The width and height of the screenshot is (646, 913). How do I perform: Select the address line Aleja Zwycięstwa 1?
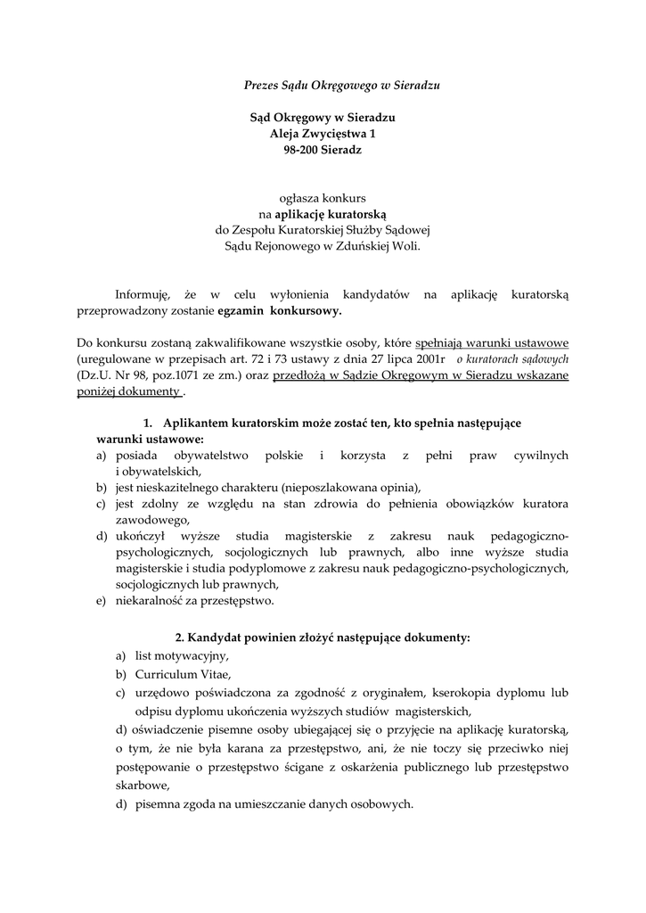click(x=323, y=134)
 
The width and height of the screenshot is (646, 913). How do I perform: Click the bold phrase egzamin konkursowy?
click(x=279, y=311)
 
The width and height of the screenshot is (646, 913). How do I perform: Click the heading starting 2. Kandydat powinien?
click(x=323, y=637)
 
